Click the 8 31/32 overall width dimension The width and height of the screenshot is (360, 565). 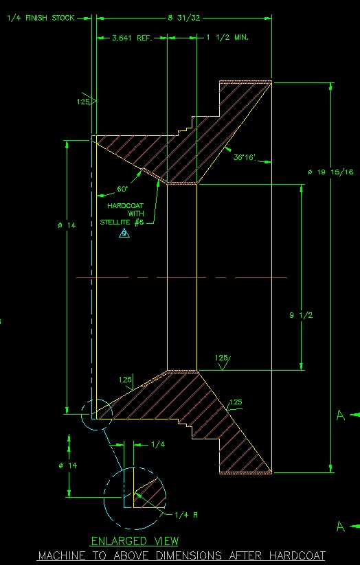click(184, 18)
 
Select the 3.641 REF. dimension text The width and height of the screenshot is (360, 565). click(133, 38)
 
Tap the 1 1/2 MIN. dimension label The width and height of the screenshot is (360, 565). click(227, 38)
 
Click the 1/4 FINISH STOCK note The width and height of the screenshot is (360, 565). click(41, 18)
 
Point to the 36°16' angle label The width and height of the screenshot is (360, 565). click(244, 157)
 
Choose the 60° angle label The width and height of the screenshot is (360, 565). click(122, 189)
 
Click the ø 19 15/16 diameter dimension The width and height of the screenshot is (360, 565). click(330, 172)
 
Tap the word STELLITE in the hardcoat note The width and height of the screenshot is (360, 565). click(116, 222)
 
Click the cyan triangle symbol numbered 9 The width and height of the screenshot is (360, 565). click(124, 233)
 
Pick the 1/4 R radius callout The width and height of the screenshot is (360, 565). click(186, 515)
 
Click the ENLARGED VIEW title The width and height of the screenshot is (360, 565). click(135, 541)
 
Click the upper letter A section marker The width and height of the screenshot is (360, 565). click(341, 415)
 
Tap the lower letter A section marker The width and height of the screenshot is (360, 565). click(341, 527)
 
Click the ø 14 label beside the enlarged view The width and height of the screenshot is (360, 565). click(68, 465)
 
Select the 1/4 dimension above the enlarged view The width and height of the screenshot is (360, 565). click(158, 445)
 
